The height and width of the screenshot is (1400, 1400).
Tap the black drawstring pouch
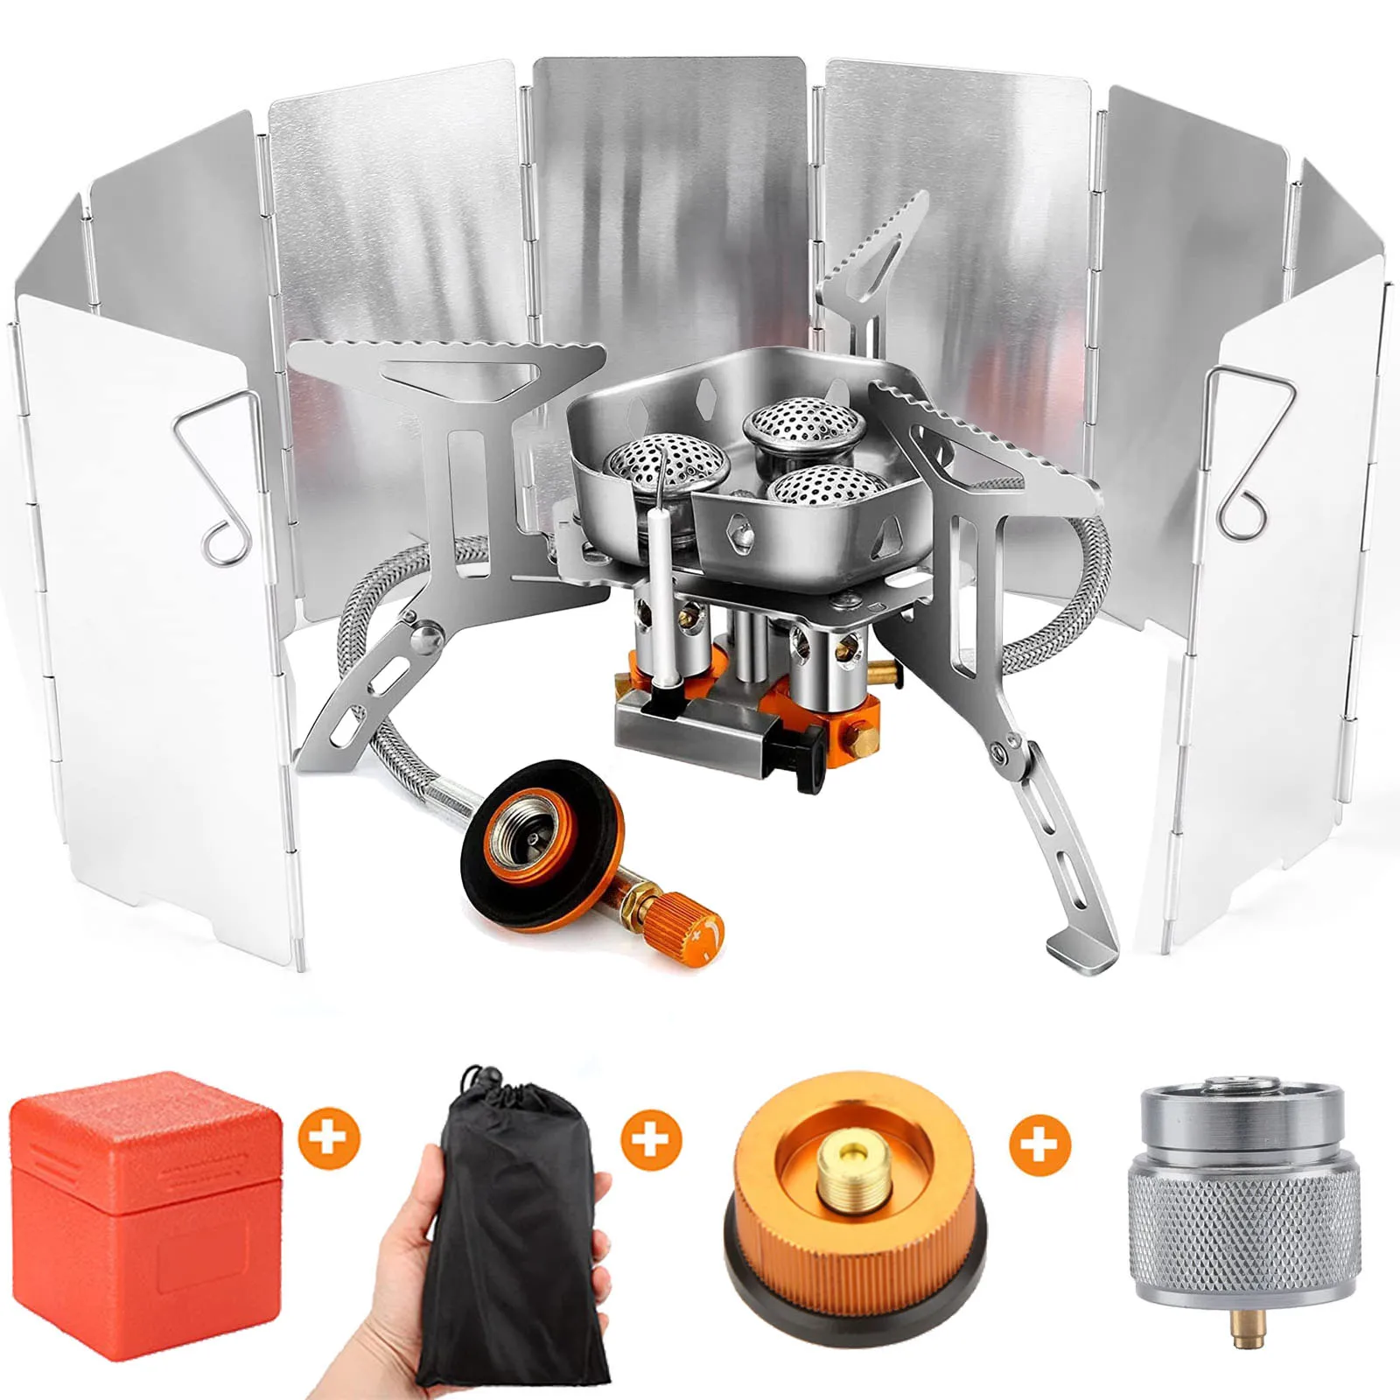coord(516,1225)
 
